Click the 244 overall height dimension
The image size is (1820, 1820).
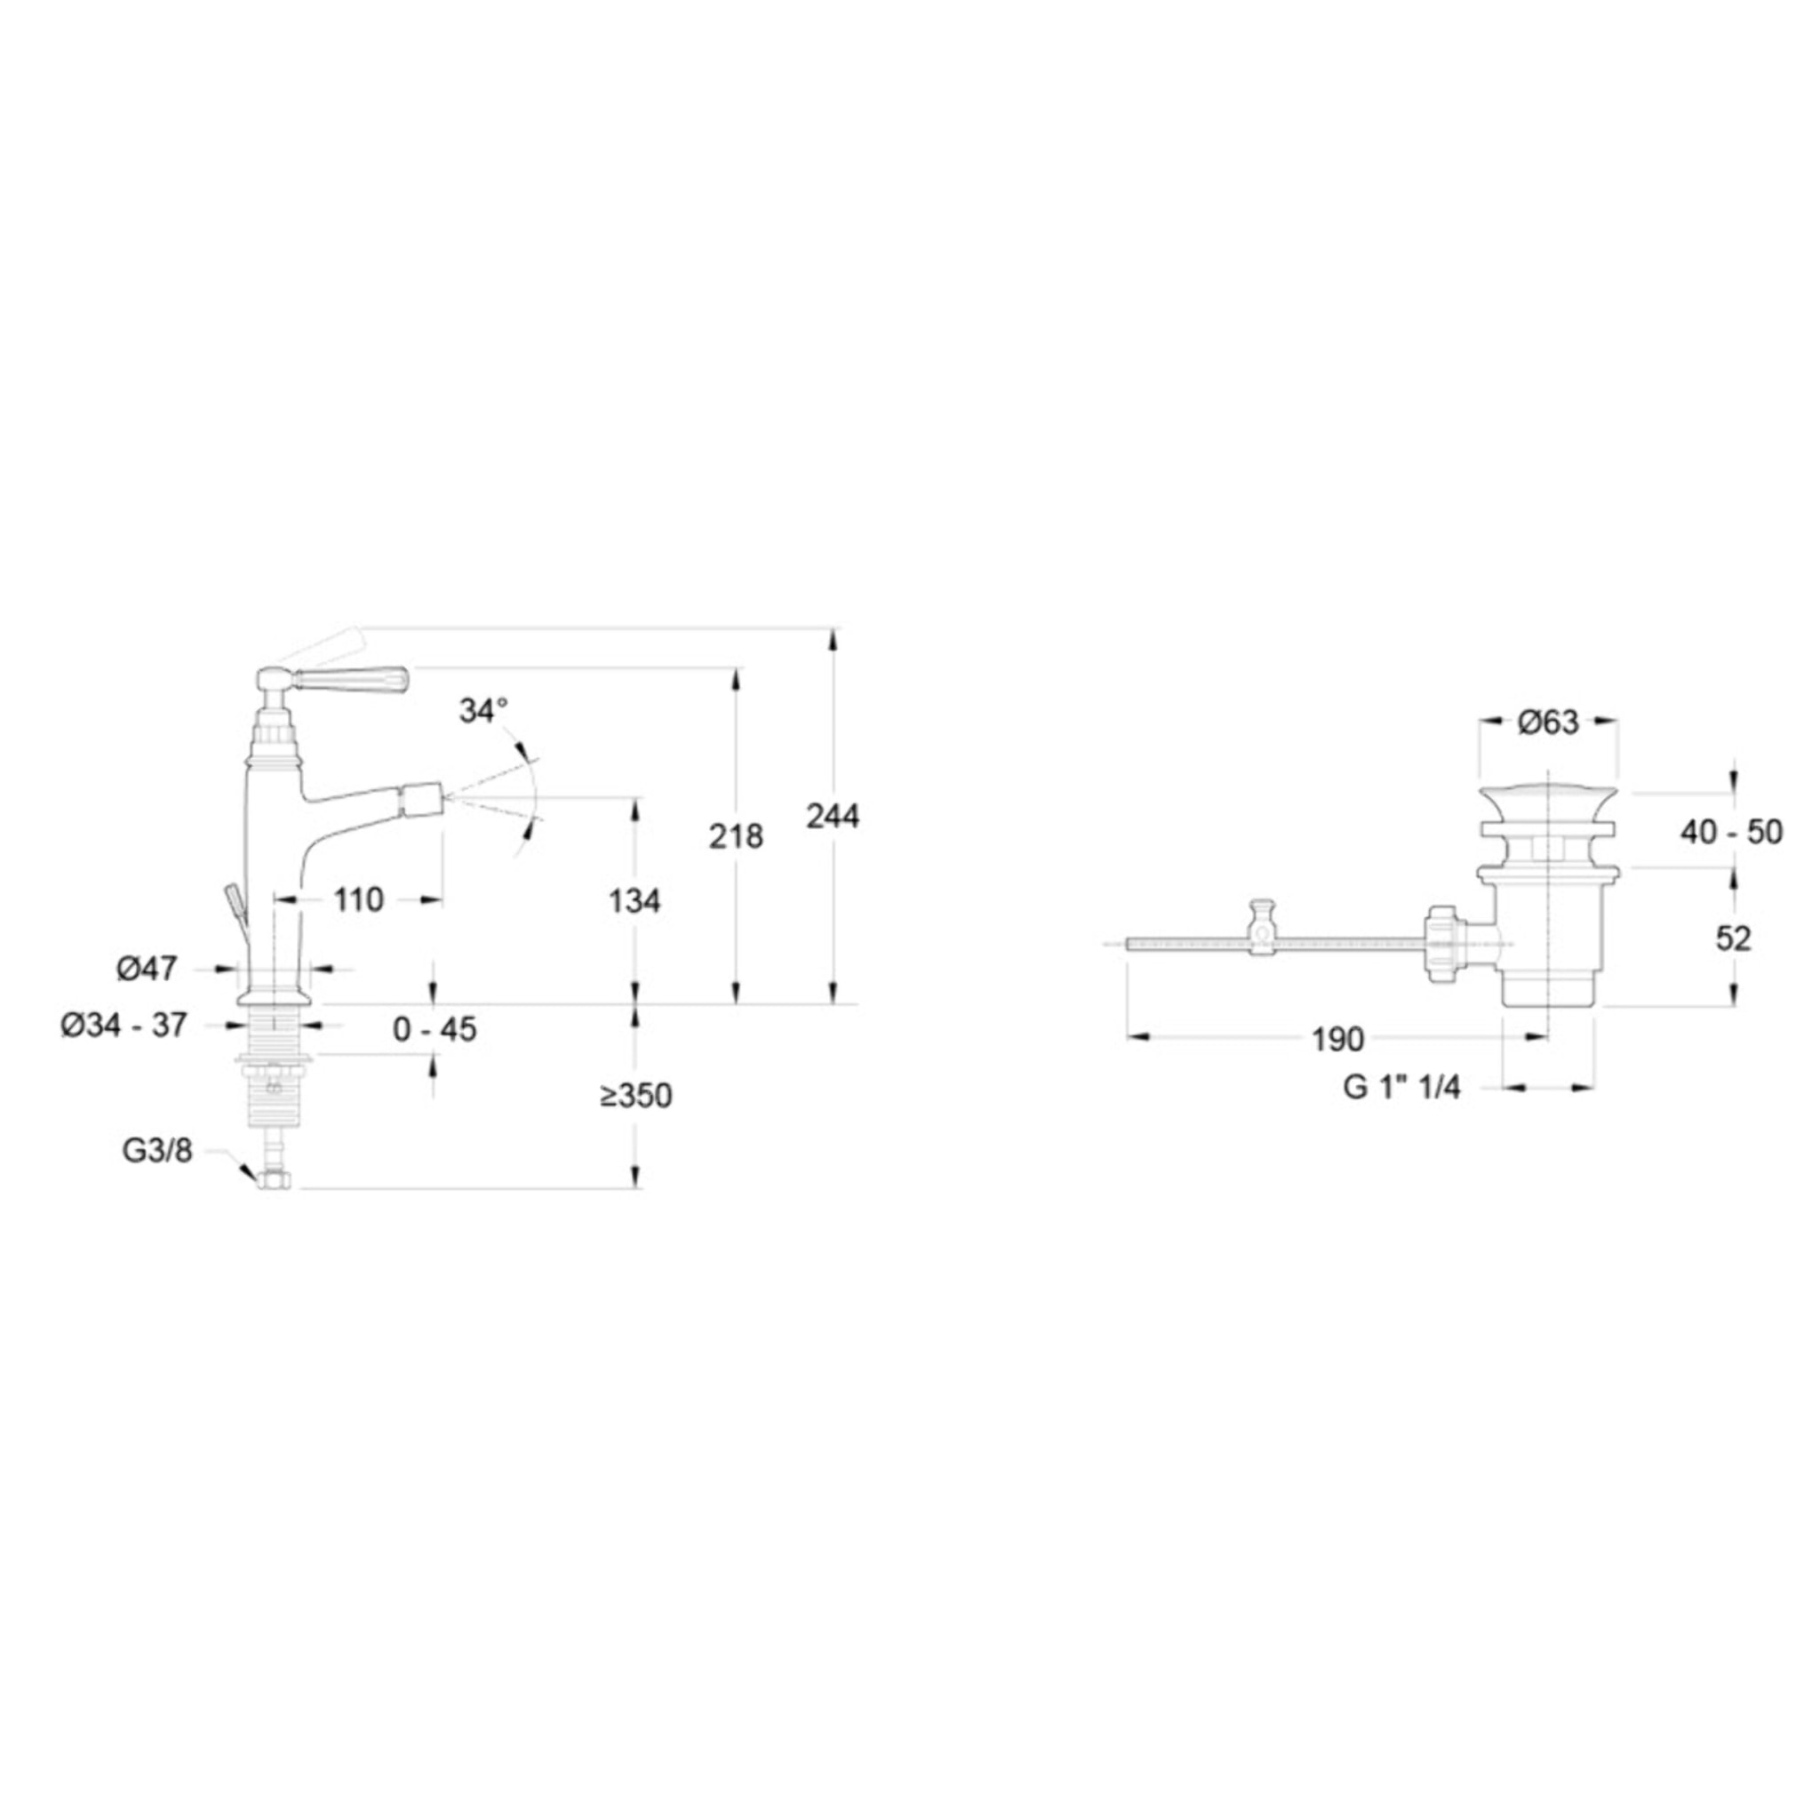click(x=832, y=816)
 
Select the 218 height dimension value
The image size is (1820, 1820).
click(x=736, y=835)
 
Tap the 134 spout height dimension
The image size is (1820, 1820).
click(x=634, y=900)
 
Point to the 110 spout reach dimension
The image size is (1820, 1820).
click(x=359, y=899)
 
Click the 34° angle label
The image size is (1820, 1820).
click(x=483, y=711)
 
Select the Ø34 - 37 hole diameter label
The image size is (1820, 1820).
click(x=124, y=1025)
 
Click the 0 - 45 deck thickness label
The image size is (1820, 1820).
click(x=435, y=1030)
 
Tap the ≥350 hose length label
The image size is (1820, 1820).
click(x=636, y=1096)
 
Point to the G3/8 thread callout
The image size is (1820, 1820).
click(x=157, y=1150)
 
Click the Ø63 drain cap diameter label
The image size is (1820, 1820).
click(x=1548, y=722)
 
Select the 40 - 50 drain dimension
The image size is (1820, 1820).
click(x=1731, y=832)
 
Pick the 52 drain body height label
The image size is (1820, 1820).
click(x=1733, y=938)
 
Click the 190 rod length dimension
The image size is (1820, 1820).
click(x=1337, y=1039)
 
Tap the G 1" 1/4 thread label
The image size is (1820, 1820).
click(x=1401, y=1087)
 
